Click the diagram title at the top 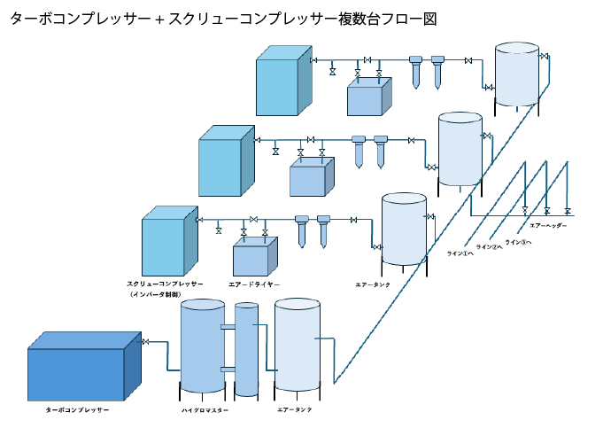pyautogui.click(x=223, y=18)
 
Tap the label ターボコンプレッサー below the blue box pyautogui.click(x=77, y=410)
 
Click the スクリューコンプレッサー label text pyautogui.click(x=165, y=284)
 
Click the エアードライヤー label pyautogui.click(x=253, y=284)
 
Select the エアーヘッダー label pyautogui.click(x=541, y=226)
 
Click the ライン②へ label pyautogui.click(x=489, y=247)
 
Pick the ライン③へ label pyautogui.click(x=518, y=242)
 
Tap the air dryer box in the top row pyautogui.click(x=368, y=97)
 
